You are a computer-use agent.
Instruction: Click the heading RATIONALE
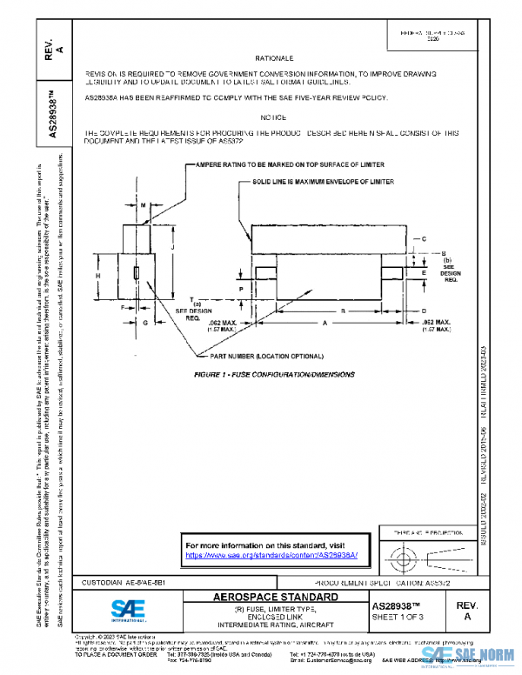click(x=276, y=57)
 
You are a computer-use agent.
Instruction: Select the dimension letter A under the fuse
click(x=325, y=322)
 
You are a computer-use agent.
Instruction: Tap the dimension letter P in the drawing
click(x=239, y=285)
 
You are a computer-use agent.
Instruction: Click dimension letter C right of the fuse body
click(x=423, y=237)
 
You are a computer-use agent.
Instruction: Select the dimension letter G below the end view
click(x=145, y=322)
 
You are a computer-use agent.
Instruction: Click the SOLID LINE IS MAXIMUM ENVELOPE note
click(x=324, y=182)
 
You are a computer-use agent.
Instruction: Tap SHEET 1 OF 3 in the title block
click(x=396, y=617)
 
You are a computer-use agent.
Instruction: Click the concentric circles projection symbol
click(x=401, y=553)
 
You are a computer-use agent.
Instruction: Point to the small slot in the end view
click(x=136, y=274)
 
